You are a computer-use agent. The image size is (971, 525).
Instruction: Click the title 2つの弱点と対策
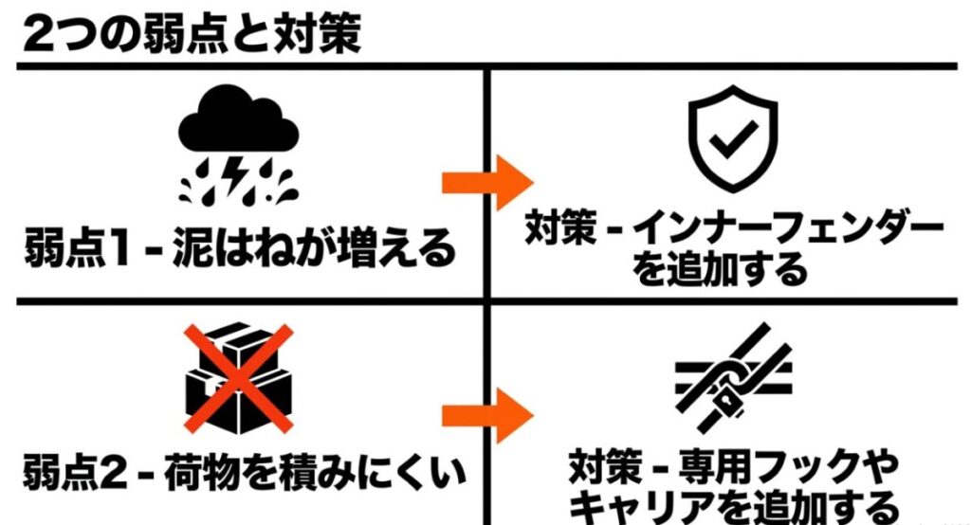(192, 34)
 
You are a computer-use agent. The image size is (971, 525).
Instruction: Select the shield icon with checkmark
(733, 138)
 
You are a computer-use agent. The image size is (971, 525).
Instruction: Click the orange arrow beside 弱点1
(487, 183)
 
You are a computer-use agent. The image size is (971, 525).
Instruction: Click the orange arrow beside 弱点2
(487, 415)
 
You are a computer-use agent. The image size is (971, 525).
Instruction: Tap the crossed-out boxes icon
(239, 379)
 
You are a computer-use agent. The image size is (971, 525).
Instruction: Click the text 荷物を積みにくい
(315, 473)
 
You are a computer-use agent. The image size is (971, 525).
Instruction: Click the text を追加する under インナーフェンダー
(721, 270)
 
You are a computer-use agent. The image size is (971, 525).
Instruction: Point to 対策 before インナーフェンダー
(560, 228)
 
